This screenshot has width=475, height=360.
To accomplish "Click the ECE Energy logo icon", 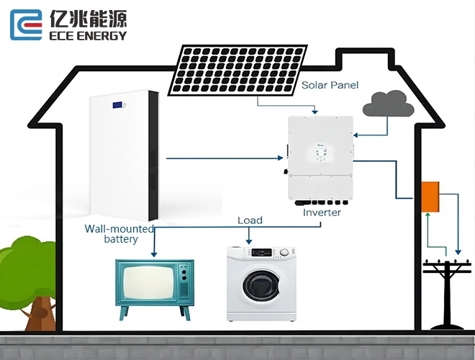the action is click(26, 24).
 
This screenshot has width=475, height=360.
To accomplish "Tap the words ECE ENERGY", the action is click(88, 36).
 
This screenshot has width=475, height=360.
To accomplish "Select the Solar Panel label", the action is click(330, 85).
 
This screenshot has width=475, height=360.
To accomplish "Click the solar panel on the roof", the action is click(237, 71).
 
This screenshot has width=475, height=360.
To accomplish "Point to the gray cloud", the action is click(389, 104).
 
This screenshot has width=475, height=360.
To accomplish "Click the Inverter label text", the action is click(322, 212).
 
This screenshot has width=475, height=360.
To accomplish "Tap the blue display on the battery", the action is click(118, 105).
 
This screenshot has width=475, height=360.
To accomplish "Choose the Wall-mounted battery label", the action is click(119, 233).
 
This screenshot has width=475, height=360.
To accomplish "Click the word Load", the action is click(250, 220).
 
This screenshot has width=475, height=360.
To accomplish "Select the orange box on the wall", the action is click(430, 197).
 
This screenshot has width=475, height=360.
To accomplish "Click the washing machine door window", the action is click(262, 286).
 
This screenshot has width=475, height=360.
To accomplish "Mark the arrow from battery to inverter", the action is click(225, 158).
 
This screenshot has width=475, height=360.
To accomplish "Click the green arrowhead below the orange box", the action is click(427, 215).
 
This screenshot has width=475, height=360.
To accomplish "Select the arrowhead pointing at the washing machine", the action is click(249, 241).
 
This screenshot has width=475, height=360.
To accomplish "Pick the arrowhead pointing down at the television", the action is click(154, 254).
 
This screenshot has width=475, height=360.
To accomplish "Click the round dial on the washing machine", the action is click(284, 252).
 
